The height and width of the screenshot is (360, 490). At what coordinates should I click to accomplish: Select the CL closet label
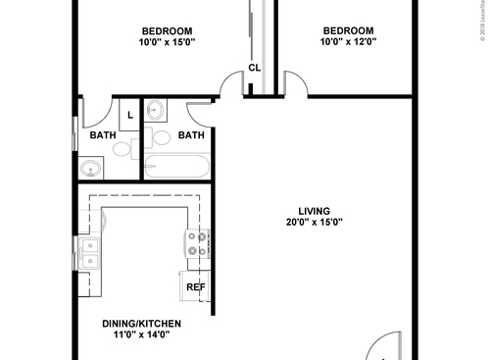point(254,68)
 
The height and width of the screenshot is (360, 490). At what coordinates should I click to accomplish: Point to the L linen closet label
point(130,114)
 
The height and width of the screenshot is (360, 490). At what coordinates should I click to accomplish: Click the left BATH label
point(103,135)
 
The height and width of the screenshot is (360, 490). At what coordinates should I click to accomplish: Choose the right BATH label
point(191,135)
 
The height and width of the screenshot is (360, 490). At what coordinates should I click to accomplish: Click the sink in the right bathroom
point(156,112)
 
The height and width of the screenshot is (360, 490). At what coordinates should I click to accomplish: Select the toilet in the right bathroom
point(161,137)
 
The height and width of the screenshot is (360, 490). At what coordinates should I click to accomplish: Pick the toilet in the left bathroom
point(122,150)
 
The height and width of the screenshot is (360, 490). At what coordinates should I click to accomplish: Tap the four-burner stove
point(198,243)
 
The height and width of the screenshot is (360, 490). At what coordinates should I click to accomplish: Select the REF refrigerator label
point(195,287)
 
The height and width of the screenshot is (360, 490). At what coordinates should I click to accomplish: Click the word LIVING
point(314,211)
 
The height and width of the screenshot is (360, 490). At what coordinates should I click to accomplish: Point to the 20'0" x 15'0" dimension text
point(314,223)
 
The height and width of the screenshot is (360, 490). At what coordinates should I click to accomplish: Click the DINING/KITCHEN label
point(142,323)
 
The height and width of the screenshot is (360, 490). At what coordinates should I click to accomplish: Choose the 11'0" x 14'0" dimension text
point(142,334)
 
